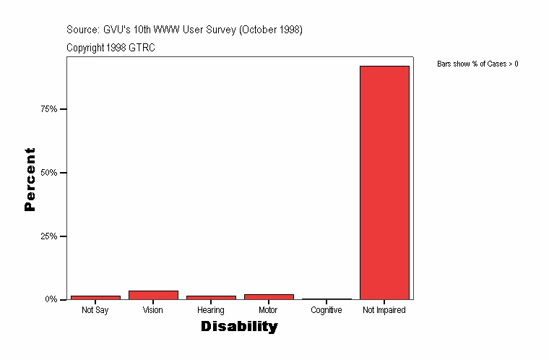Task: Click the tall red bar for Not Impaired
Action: [x=384, y=182]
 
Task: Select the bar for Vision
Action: [x=153, y=295]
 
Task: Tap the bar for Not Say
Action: [x=95, y=297]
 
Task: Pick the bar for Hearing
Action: [x=211, y=297]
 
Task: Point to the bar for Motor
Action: [x=269, y=296]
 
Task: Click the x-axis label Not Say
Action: [x=95, y=310]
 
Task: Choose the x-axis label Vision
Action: [x=153, y=310]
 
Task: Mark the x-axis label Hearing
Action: [x=211, y=310]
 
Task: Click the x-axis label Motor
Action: [x=268, y=310]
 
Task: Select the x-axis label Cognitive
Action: [x=327, y=310]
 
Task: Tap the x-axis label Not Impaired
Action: [x=384, y=310]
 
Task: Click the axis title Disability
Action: [x=239, y=327]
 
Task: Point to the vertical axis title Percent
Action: [x=30, y=179]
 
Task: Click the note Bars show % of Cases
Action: [x=477, y=64]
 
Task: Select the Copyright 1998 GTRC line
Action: [x=111, y=48]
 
